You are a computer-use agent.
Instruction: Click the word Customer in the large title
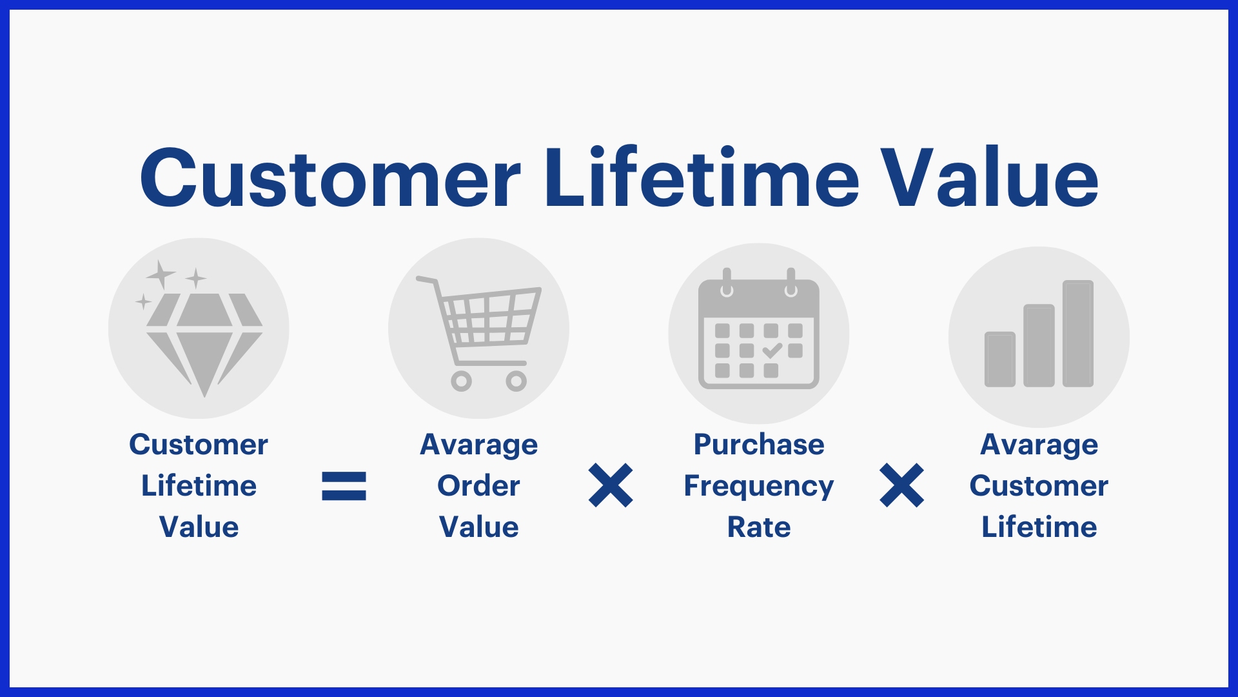(330, 177)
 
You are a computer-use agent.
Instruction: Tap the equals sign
(344, 486)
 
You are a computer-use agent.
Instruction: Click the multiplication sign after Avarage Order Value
(611, 485)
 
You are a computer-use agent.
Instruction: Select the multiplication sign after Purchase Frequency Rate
(901, 485)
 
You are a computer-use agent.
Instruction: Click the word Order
(478, 485)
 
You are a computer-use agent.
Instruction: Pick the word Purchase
(759, 444)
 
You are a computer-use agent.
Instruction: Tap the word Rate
(759, 527)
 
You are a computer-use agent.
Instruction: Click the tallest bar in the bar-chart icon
(1078, 334)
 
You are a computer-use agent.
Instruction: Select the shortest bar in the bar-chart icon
(1000, 359)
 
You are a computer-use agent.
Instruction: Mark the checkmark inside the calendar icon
(772, 350)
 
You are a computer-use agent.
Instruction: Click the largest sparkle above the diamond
(161, 275)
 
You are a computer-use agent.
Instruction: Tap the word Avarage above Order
(478, 445)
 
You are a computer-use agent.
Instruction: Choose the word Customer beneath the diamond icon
(199, 444)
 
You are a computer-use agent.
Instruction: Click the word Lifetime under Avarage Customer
(1039, 527)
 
